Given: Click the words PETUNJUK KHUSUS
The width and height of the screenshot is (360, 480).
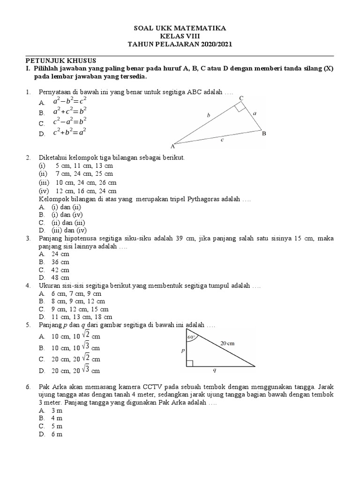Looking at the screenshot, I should click(x=60, y=60).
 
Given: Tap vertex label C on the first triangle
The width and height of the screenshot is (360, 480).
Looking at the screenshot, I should click(x=241, y=98).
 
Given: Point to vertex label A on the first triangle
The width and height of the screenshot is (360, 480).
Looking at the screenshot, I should click(x=172, y=146).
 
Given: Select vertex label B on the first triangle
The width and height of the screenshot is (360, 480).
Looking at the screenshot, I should click(x=264, y=134).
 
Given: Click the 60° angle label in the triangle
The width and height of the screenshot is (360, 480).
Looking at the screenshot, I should click(x=191, y=336).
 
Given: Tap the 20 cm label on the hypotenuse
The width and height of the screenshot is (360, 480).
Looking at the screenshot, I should click(x=227, y=343).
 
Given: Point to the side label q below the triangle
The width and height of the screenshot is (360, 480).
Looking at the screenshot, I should click(x=214, y=370).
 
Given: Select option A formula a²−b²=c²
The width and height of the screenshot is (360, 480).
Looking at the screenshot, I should click(x=69, y=102).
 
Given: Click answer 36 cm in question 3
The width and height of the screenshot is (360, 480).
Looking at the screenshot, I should click(x=60, y=262).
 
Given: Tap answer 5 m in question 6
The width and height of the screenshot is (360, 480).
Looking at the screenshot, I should click(x=57, y=426).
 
